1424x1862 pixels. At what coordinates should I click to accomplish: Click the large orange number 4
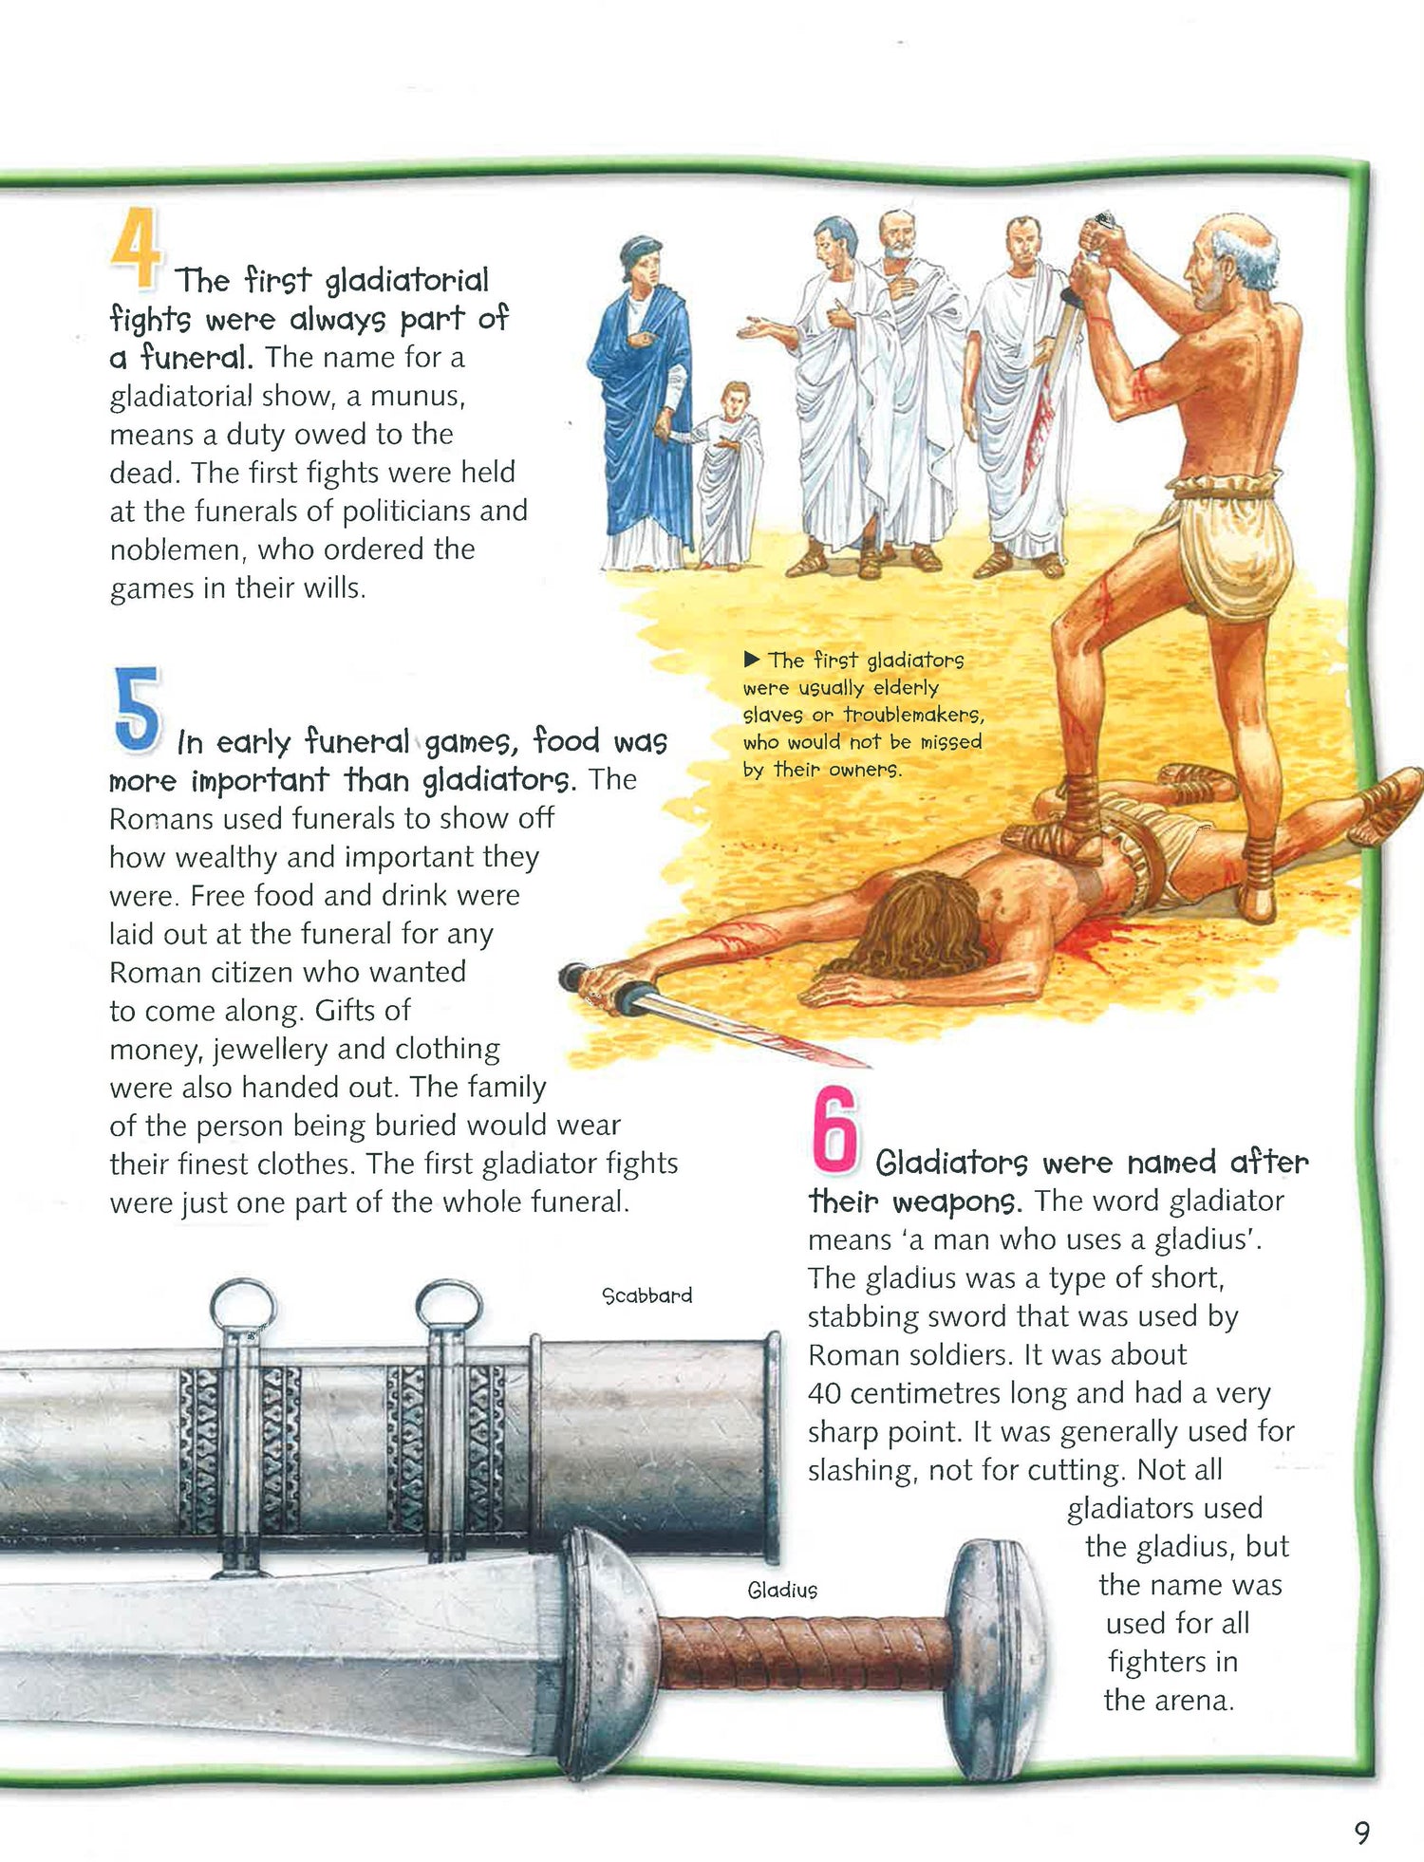[x=136, y=249]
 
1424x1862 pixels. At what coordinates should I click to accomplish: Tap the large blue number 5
[x=138, y=709]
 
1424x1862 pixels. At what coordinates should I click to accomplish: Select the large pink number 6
[x=834, y=1129]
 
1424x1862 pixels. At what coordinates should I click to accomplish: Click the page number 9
[x=1362, y=1832]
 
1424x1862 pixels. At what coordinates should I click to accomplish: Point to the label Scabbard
[x=647, y=1295]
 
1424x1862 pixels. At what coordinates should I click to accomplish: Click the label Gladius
[x=782, y=1590]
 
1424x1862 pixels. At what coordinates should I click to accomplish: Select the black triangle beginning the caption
[x=752, y=659]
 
